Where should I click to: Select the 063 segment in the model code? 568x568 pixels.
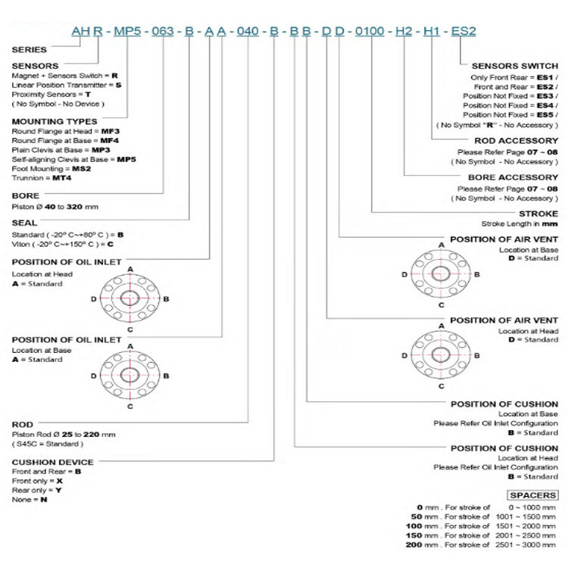point(163,32)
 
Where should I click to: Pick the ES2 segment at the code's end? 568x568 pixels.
point(463,32)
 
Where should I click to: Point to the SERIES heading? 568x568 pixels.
point(30,49)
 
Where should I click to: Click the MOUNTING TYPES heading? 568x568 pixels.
point(55,121)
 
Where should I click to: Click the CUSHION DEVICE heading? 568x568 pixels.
point(53,462)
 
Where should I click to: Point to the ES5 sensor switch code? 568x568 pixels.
point(546,114)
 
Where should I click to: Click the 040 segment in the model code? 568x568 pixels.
point(248,32)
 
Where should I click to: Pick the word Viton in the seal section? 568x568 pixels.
point(21,245)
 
